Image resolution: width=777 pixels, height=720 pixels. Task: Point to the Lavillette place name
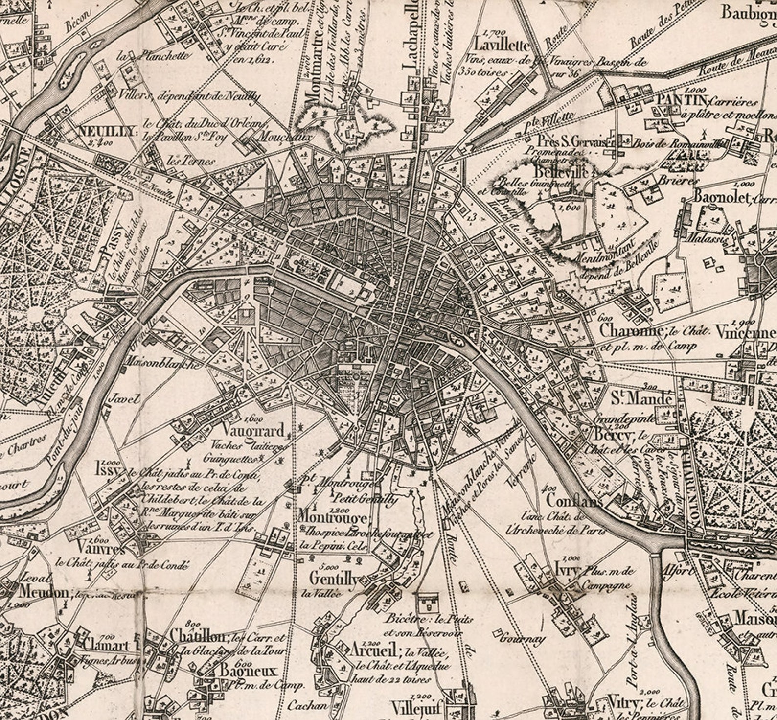(x=502, y=46)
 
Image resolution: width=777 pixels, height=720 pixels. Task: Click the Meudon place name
(x=44, y=592)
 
